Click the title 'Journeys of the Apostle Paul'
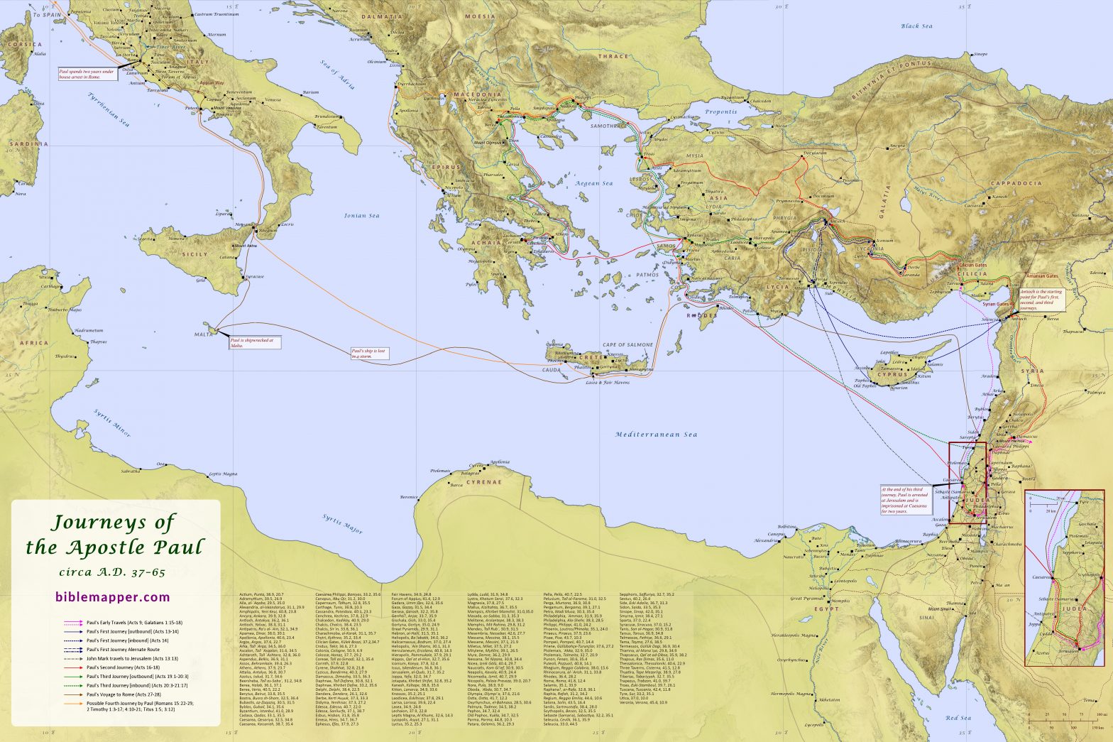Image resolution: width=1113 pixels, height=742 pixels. click(x=114, y=535)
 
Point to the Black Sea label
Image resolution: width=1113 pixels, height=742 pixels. click(x=916, y=26)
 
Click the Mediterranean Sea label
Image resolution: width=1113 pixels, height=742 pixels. click(x=656, y=435)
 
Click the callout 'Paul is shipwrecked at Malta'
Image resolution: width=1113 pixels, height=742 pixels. click(x=251, y=342)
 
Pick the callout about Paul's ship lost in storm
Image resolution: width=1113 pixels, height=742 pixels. click(x=370, y=353)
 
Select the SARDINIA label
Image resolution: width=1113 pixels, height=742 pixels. click(x=28, y=144)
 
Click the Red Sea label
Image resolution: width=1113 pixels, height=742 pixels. click(x=958, y=719)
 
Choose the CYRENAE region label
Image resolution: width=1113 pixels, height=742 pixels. click(x=483, y=482)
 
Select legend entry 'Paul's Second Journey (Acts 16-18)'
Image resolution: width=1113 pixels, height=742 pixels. click(x=117, y=668)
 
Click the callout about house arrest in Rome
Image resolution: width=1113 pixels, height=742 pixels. click(x=86, y=74)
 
